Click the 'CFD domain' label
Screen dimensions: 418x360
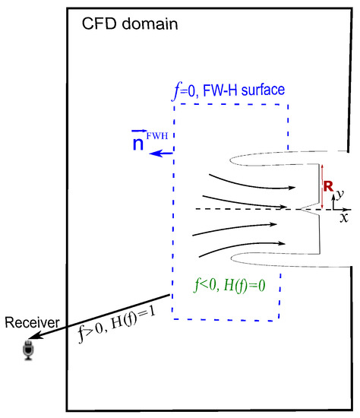[x=129, y=23]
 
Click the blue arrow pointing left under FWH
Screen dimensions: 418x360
[x=160, y=154]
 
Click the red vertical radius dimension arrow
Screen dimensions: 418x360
[x=322, y=186]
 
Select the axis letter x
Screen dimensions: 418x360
[x=344, y=217]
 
